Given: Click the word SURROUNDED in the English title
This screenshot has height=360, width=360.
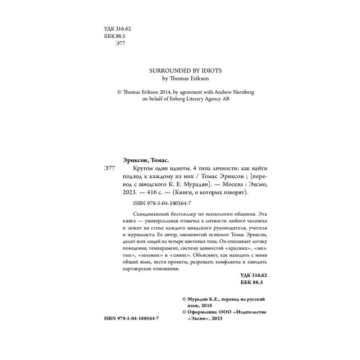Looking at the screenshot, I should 162,71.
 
